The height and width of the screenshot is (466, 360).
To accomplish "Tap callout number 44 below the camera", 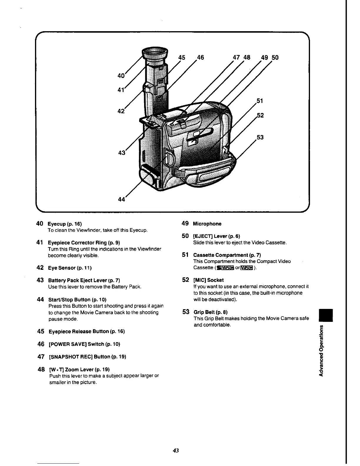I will tap(121, 199).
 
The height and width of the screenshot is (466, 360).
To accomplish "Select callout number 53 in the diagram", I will tap(260, 137).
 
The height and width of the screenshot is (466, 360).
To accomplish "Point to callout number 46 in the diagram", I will tap(200, 57).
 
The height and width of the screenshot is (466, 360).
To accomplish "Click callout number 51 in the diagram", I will tap(260, 101).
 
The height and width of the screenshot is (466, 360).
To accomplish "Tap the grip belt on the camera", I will tap(206, 176).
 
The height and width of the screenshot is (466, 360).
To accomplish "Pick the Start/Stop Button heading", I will tap(77, 300).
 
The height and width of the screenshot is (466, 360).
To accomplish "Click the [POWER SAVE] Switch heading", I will tap(84, 344).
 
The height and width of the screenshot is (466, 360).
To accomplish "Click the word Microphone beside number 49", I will tap(207, 224).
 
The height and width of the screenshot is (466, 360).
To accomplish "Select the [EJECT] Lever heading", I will tap(216, 236).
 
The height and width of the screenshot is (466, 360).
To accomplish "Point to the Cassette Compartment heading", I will tap(227, 255).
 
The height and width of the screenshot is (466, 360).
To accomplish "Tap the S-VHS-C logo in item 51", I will tap(225, 268).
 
